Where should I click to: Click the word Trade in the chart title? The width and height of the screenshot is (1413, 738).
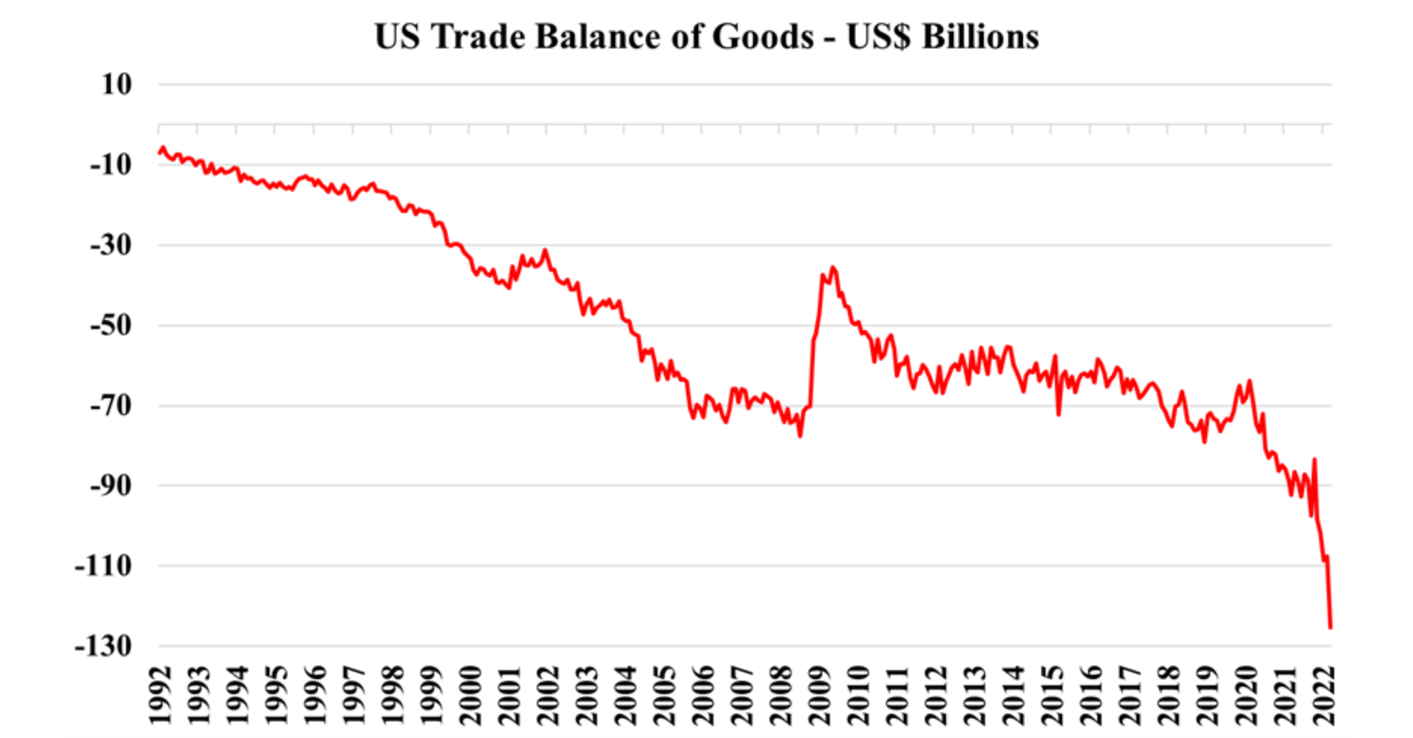tap(478, 37)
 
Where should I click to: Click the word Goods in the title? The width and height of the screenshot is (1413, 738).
tap(763, 37)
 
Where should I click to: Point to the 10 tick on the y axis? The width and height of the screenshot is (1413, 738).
tap(116, 85)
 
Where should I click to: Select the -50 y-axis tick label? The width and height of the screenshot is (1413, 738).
tap(111, 326)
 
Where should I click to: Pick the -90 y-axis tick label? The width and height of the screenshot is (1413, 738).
tap(111, 486)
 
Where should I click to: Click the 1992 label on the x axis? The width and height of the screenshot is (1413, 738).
tap(160, 695)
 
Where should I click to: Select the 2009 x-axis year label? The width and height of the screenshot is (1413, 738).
tap(820, 695)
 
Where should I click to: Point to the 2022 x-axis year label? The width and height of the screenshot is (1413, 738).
tap(1323, 695)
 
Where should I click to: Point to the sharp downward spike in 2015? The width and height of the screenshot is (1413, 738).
tap(1059, 414)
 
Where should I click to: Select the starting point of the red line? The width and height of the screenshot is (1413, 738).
tap(159, 152)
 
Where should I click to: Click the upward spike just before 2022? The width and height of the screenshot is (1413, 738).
tap(1314, 459)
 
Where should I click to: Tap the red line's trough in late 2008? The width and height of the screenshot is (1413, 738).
tap(800, 436)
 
